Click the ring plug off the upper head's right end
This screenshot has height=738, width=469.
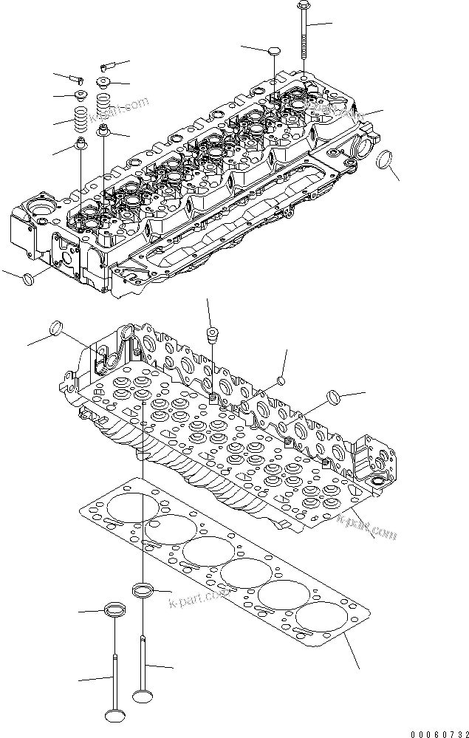click(x=385, y=159)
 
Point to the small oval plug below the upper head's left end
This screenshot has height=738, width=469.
click(x=28, y=279)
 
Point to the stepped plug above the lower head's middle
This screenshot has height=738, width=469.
click(x=212, y=335)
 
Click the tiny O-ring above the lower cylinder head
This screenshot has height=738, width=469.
click(x=280, y=380)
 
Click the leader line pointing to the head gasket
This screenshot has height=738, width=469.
click(x=351, y=653)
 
